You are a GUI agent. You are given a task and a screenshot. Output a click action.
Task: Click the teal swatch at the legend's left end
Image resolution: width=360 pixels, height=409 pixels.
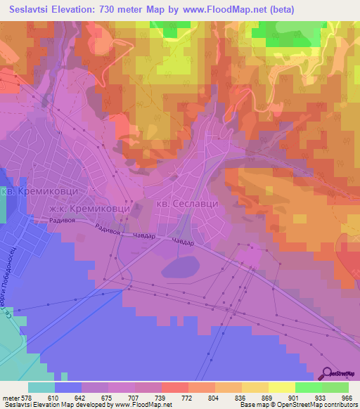pyautogui.click(x=41, y=387)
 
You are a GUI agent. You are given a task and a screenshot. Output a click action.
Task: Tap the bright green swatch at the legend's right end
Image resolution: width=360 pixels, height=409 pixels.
pyautogui.click(x=335, y=387)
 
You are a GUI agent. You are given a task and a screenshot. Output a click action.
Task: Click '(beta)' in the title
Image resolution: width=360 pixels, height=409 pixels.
pyautogui.click(x=278, y=9)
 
